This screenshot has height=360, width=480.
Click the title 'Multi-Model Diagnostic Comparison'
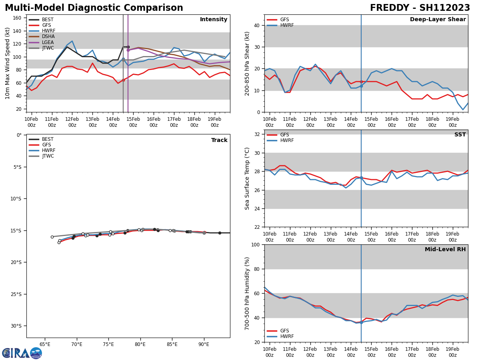coord(94,8)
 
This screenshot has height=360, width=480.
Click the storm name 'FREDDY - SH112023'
coord(420,8)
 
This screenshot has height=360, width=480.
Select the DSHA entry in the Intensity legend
coord(48,36)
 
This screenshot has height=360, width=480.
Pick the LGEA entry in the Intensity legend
coord(48,42)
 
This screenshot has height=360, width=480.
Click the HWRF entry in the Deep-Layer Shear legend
coord(286,25)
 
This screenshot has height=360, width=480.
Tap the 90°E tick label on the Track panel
coord(204,344)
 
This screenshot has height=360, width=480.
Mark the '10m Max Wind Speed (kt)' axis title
coord(8,63)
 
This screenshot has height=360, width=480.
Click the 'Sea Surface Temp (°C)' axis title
coord(247,178)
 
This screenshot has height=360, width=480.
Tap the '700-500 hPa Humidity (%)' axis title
coord(247,293)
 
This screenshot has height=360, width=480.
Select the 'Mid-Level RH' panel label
coord(445,250)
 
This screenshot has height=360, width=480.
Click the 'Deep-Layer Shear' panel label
coord(438,20)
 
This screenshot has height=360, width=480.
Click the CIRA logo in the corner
coord(22,353)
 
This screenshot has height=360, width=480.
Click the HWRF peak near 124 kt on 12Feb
coord(72,41)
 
